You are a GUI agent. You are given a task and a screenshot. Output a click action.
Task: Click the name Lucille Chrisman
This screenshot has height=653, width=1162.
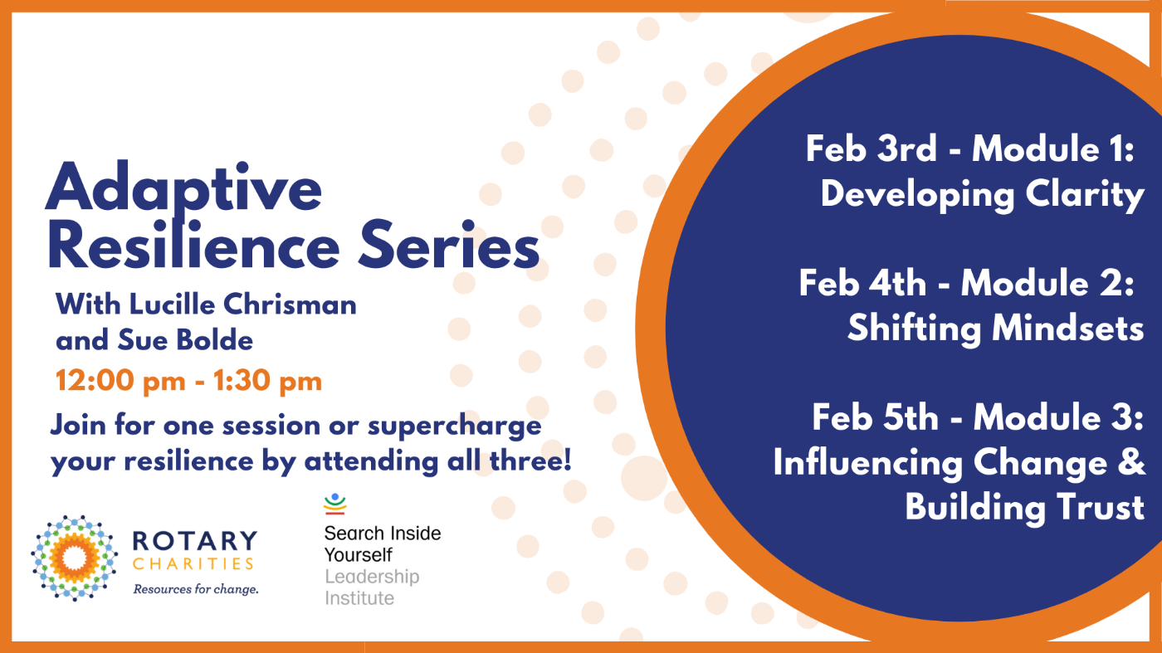[x=242, y=304]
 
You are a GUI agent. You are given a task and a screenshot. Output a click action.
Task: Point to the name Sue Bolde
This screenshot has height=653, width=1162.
[x=186, y=339]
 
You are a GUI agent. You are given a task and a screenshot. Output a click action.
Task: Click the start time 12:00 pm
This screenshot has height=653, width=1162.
[x=120, y=381]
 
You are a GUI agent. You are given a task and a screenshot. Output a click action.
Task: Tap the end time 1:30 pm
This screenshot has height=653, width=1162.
[x=267, y=381]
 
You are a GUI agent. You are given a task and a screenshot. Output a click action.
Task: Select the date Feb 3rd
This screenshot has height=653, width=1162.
[x=871, y=149]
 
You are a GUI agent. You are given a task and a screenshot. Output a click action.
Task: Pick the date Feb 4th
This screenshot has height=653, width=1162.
[x=862, y=283]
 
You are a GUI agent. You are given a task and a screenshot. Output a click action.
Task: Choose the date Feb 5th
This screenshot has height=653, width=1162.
[x=876, y=417]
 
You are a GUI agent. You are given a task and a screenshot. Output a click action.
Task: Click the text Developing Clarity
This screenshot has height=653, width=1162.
[x=983, y=195]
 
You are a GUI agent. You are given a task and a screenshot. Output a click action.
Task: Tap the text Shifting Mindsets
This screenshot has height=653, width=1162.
[x=995, y=329]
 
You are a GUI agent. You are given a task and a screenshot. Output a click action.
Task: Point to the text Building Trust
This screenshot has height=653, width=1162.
[x=1024, y=507]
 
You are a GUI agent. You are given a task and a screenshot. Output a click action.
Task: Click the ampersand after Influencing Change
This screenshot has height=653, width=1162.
[x=1130, y=461]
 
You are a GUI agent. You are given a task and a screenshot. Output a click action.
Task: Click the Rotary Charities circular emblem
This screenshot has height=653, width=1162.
[x=74, y=558]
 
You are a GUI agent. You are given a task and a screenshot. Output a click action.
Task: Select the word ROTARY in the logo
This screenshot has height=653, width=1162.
[x=195, y=540]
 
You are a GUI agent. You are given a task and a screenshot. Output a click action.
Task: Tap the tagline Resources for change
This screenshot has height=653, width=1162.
[x=196, y=589]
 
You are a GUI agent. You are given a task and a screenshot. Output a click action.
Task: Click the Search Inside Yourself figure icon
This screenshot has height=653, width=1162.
[x=335, y=504]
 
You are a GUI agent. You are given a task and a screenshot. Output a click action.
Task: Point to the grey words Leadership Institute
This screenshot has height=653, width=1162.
[x=372, y=587]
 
